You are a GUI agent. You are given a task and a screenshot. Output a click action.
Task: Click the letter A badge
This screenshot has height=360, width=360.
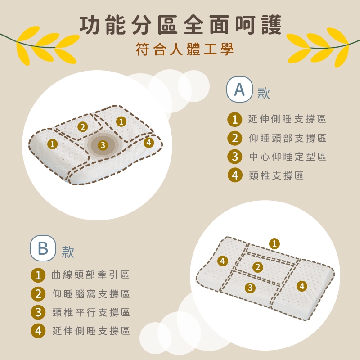tap(239, 89)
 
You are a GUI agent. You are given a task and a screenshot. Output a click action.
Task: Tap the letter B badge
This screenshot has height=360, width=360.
tap(43, 248)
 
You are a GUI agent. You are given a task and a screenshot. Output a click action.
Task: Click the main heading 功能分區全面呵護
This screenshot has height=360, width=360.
tap(180, 25)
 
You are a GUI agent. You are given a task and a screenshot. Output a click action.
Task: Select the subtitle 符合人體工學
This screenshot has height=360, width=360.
tap(185, 49)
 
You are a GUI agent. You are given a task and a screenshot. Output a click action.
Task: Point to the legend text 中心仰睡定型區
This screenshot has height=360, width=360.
tap(288, 157)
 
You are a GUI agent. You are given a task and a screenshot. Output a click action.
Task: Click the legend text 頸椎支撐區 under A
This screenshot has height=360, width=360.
tap(276, 175)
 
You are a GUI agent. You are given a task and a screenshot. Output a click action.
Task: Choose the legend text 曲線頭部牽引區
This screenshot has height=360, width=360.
tap(91, 275)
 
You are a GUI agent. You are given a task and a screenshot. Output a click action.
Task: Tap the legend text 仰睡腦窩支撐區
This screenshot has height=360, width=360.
tap(91, 294)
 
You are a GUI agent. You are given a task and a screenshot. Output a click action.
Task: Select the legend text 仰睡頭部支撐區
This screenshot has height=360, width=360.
tap(288, 138)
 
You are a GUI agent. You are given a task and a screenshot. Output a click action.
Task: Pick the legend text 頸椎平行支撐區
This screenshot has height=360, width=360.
tap(91, 312)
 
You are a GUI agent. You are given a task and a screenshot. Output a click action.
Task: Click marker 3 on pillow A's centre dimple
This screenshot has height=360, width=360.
tap(103, 145)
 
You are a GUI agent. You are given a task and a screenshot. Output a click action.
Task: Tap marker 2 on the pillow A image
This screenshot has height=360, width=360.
tap(83, 127)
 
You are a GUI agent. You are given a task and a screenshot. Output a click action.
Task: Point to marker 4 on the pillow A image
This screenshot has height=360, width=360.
tap(149, 142)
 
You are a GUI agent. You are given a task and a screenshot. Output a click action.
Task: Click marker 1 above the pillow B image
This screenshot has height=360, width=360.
tap(274, 243)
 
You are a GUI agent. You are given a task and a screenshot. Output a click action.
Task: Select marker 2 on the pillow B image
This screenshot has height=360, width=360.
tap(258, 267)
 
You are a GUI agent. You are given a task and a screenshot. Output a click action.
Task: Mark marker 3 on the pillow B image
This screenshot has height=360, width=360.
tap(250, 288)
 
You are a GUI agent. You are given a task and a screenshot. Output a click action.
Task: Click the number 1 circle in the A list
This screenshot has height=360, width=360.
tap(234, 119)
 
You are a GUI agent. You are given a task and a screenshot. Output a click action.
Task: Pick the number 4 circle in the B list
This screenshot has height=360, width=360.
tap(38, 331)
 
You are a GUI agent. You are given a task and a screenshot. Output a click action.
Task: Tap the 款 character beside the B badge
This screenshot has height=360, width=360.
tap(68, 252)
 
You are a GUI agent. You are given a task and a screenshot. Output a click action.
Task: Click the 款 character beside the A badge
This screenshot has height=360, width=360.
tap(264, 93)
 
